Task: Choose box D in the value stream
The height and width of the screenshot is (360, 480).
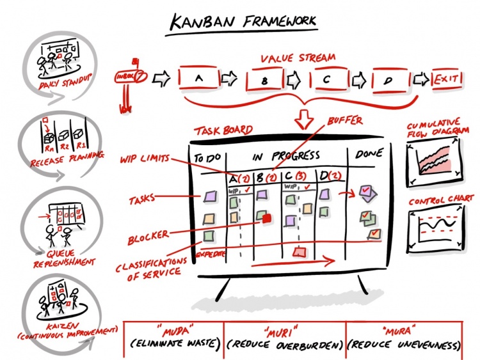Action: coord(390,79)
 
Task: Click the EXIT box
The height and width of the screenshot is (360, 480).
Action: coord(449,79)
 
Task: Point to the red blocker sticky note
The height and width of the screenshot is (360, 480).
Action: coord(267,219)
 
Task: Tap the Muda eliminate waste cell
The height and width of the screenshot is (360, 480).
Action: coord(173,338)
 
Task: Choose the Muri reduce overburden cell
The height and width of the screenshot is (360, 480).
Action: coord(284,338)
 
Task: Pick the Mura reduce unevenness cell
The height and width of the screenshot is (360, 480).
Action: coord(404,338)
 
